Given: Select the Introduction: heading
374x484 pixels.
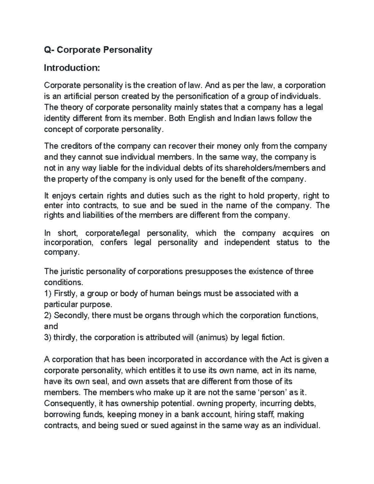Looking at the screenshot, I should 72,68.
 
